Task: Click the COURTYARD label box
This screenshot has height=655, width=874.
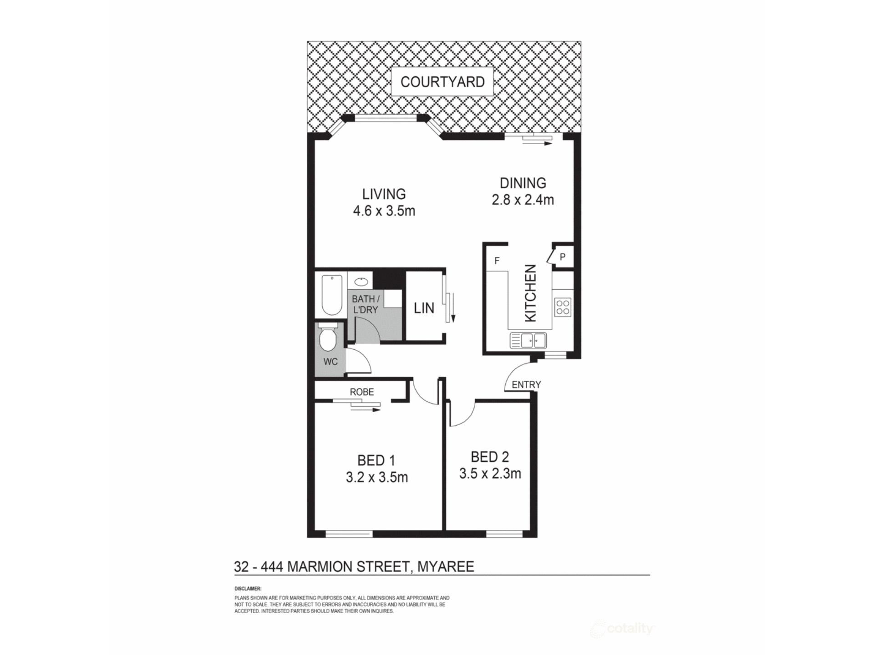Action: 442,82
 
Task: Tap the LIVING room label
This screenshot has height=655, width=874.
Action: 384,194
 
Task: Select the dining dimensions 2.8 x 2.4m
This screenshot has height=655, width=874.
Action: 523,200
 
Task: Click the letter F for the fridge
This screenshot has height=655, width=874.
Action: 497,261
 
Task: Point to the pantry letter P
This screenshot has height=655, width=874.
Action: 563,257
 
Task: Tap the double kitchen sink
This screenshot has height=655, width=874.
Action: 528,340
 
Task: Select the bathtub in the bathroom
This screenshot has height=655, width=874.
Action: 331,294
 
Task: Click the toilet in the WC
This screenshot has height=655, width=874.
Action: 328,336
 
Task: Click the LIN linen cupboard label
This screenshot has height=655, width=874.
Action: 424,308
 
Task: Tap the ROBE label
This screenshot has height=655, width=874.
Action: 362,392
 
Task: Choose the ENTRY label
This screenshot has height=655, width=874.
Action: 526,385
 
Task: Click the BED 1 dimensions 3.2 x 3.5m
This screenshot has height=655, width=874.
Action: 377,477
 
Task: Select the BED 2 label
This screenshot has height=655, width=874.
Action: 490,457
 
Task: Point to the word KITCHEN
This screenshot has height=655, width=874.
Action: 531,293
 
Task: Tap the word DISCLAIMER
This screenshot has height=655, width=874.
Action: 248,589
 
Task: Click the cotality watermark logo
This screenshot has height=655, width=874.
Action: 623,629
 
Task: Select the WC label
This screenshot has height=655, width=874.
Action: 330,362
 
